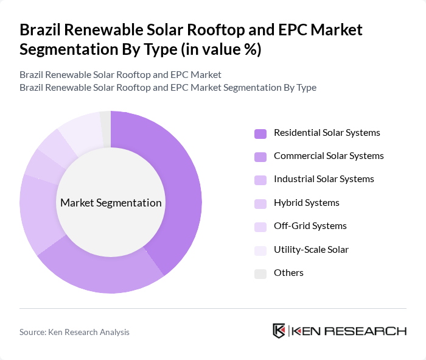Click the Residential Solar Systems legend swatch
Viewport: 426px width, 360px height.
tap(260, 133)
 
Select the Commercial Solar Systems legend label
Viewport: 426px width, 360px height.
tap(329, 156)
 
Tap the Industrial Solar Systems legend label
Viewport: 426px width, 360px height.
tap(324, 179)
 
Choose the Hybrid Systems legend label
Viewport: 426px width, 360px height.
tap(306, 203)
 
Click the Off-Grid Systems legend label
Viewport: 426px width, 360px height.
tap(310, 226)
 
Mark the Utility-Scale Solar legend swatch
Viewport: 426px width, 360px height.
tap(260, 250)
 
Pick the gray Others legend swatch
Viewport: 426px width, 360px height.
tap(260, 274)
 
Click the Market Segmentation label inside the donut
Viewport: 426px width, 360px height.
tap(111, 203)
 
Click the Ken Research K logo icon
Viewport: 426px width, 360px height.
tap(279, 331)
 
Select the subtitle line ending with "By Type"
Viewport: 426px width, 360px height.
tap(168, 87)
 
